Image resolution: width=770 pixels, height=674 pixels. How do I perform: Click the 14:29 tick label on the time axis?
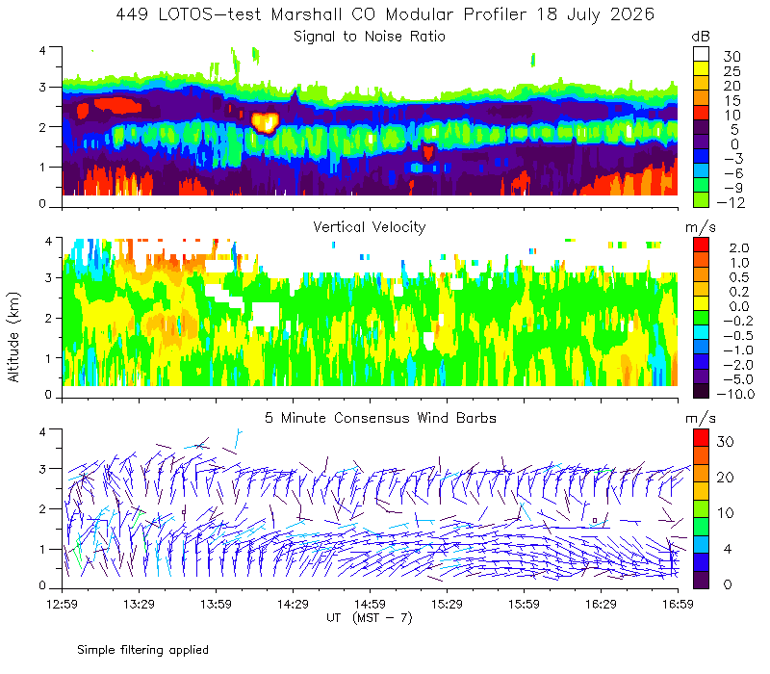(293, 604)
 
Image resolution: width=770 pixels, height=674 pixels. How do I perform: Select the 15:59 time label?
(524, 604)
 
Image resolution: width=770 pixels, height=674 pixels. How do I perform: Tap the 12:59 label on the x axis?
(62, 604)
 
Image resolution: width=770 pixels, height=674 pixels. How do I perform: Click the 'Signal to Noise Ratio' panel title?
(370, 37)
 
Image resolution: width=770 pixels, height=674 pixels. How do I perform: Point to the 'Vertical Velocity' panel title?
(370, 227)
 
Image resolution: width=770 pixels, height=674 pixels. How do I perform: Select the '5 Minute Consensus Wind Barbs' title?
(380, 418)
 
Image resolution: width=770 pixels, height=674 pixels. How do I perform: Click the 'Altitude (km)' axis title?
(13, 337)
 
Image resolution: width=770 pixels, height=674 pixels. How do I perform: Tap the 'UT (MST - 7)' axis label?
(370, 618)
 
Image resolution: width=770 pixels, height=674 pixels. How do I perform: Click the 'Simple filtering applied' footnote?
(142, 650)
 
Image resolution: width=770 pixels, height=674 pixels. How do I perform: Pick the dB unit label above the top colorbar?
(701, 37)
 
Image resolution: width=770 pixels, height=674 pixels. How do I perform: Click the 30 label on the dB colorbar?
(731, 57)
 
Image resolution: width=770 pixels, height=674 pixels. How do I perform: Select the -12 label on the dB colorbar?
(731, 202)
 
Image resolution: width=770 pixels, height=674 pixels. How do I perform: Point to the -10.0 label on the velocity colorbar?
(735, 394)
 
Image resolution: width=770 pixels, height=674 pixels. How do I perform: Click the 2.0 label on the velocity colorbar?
(739, 247)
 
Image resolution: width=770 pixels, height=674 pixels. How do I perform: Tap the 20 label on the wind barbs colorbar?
(726, 477)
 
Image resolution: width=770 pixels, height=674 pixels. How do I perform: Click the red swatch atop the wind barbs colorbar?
(701, 438)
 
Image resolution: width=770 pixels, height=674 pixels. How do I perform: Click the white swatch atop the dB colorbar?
(701, 54)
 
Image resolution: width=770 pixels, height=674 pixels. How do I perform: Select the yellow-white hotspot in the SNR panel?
(266, 122)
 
